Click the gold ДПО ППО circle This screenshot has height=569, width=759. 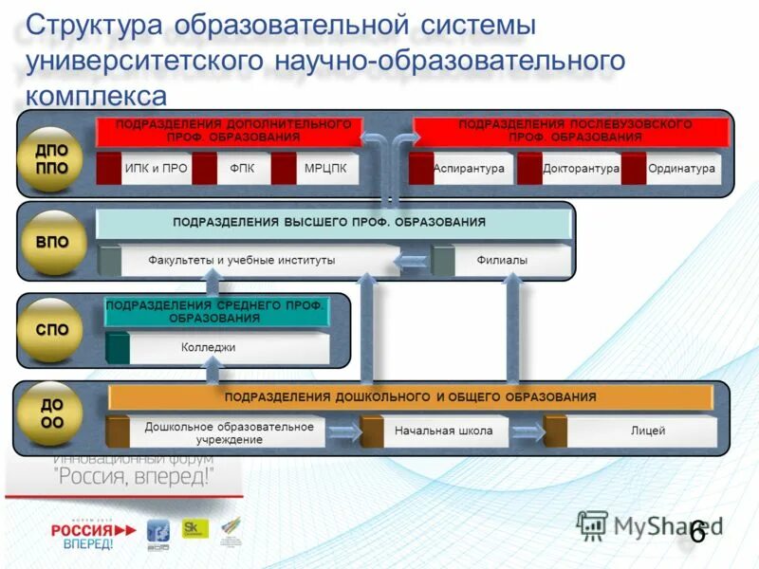52,156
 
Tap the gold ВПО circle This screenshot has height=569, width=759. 52,242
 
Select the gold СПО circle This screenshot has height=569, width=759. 52,331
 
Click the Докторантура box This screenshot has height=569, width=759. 569,169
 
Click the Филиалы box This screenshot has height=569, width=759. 503,260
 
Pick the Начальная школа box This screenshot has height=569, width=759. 444,431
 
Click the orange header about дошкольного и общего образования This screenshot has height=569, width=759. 410,397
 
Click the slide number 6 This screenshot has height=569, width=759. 697,533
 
